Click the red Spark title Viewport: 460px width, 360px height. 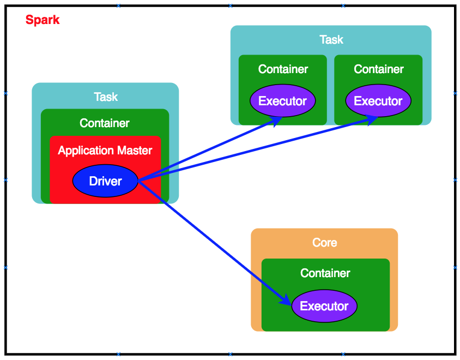(x=43, y=20)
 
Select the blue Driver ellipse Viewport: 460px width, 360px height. (x=105, y=181)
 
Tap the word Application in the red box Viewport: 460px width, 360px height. (x=83, y=151)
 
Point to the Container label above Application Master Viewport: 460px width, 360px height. (x=105, y=123)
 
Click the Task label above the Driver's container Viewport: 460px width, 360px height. (x=106, y=97)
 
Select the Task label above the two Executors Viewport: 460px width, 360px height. (x=331, y=40)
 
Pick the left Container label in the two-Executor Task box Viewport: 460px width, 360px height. (x=283, y=69)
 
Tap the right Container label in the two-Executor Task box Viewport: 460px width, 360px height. (x=379, y=69)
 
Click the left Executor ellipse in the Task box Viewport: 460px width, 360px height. (x=283, y=101)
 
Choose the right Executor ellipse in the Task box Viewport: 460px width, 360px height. (x=378, y=101)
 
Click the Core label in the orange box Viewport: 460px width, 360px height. (x=325, y=243)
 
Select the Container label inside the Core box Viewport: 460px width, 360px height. (x=325, y=273)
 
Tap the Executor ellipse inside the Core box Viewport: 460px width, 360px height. (x=324, y=306)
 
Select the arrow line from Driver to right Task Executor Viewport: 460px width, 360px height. (x=256, y=151)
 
